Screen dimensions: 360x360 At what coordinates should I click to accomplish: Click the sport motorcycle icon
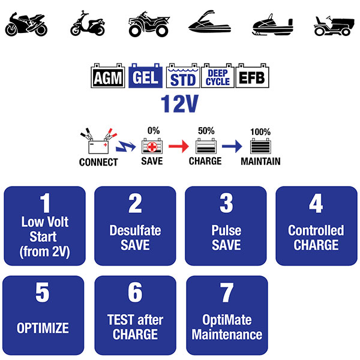click(26, 25)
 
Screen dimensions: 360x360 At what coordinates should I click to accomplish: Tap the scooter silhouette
click(88, 23)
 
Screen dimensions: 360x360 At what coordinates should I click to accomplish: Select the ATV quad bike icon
click(149, 24)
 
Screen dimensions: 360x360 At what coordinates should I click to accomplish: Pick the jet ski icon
click(209, 23)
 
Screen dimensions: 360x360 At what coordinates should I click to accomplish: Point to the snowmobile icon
click(272, 25)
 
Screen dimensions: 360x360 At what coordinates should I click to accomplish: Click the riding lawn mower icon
click(334, 26)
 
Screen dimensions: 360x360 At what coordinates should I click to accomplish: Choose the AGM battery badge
click(108, 76)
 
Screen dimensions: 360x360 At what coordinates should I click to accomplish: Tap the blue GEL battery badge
click(145, 76)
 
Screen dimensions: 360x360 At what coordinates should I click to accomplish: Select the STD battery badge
click(183, 76)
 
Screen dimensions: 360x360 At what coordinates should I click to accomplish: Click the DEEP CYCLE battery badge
click(218, 76)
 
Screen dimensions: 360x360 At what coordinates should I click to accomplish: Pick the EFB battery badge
click(253, 76)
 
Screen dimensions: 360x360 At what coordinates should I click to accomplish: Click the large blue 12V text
click(179, 104)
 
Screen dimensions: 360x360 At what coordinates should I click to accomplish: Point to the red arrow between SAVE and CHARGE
click(179, 146)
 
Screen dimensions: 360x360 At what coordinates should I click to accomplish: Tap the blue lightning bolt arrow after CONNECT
click(125, 146)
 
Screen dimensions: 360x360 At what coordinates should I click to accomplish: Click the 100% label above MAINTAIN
click(260, 132)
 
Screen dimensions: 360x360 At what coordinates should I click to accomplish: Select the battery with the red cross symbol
click(152, 146)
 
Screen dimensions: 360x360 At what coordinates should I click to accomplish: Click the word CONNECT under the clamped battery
click(98, 163)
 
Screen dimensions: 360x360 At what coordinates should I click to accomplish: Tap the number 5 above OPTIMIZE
click(43, 292)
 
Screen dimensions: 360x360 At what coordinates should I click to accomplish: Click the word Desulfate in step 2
click(135, 230)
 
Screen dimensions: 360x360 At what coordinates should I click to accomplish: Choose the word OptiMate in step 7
click(227, 320)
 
